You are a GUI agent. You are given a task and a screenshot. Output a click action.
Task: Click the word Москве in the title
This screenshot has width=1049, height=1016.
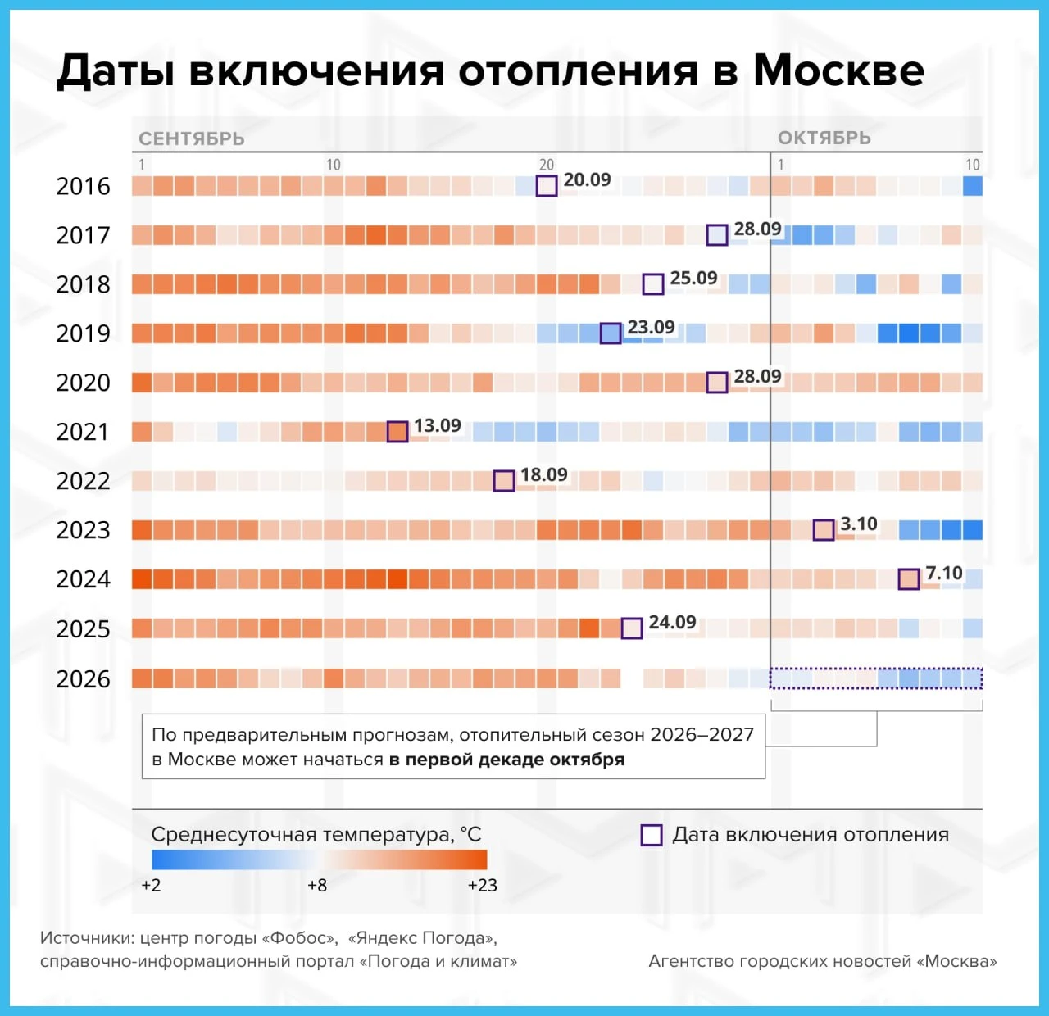[x=838, y=70]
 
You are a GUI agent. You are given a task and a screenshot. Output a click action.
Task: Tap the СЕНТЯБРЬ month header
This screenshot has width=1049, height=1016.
[x=192, y=138]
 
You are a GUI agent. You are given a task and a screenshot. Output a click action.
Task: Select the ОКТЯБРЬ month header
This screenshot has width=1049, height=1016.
[x=824, y=138]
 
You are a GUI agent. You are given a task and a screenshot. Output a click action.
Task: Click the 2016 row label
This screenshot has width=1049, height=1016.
[x=83, y=187]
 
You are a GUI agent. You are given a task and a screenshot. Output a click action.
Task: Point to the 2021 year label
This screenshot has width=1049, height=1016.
[x=83, y=432]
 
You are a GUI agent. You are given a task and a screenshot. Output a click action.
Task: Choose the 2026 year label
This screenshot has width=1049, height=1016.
[x=83, y=679]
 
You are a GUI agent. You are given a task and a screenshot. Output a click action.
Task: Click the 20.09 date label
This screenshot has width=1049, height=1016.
[x=587, y=179]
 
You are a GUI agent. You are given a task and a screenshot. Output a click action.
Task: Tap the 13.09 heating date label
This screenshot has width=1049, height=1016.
[x=437, y=425]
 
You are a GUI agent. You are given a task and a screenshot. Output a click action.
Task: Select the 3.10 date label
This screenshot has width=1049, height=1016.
[x=859, y=524]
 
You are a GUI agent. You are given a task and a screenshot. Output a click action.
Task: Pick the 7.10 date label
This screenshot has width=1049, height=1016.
[x=944, y=573]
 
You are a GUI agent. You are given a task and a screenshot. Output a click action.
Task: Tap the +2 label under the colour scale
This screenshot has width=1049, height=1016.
[x=151, y=886]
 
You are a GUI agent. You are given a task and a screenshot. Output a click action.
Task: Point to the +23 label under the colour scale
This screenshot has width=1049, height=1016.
[x=482, y=886]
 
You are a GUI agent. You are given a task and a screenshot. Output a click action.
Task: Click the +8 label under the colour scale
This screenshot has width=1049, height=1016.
[x=317, y=886]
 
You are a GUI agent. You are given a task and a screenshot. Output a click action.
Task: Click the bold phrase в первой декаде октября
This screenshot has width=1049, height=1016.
[x=506, y=760]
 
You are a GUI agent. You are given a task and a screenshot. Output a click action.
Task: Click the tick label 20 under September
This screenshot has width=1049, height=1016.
[x=546, y=165]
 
